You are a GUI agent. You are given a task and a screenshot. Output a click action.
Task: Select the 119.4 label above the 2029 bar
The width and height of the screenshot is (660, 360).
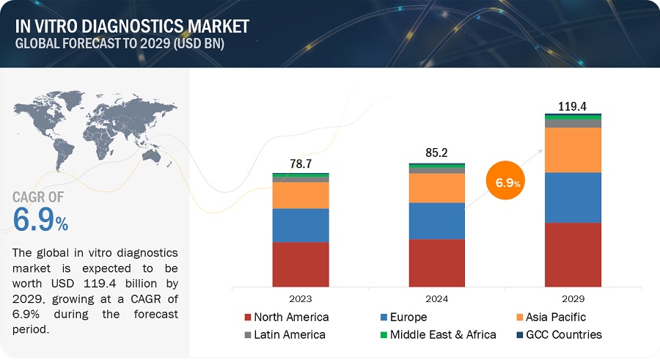(x=573, y=106)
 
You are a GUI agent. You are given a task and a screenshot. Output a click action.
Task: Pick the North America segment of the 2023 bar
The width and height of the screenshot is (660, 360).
(x=300, y=264)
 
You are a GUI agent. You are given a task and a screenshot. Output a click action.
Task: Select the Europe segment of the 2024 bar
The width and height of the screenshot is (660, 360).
(x=436, y=221)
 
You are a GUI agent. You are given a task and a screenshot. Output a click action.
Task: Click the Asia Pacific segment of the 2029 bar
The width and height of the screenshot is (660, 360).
(x=573, y=150)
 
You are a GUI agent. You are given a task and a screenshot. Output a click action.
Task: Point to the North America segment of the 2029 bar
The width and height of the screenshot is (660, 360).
(x=573, y=254)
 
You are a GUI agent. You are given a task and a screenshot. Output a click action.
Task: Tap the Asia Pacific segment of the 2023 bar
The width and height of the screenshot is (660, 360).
(x=300, y=195)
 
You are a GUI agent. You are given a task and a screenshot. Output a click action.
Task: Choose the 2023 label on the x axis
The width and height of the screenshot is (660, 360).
(x=300, y=298)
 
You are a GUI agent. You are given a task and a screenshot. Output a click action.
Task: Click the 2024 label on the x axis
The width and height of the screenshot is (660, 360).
(x=436, y=298)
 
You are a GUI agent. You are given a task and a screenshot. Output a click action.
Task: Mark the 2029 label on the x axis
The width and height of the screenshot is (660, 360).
(x=573, y=298)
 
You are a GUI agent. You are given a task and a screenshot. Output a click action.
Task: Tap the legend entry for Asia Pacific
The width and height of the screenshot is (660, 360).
(x=551, y=317)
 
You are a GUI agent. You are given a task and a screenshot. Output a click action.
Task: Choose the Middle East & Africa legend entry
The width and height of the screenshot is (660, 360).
(x=439, y=334)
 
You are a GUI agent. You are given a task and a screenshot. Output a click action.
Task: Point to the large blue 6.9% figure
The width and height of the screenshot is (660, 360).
(x=41, y=218)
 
